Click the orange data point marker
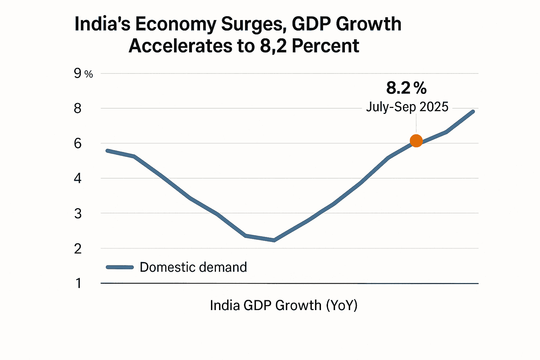[x=416, y=141]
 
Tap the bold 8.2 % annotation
[x=406, y=88]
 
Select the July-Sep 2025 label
[x=407, y=107]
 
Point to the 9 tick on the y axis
[x=78, y=73]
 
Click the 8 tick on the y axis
[x=78, y=108]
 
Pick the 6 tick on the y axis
[x=78, y=143]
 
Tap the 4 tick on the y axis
[x=78, y=178]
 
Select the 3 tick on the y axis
[x=78, y=213]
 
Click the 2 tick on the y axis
[x=78, y=249]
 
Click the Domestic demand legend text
[x=193, y=267]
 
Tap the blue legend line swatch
[x=120, y=267]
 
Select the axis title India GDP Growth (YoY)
[x=283, y=305]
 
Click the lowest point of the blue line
[x=274, y=240]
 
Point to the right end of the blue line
[x=473, y=112]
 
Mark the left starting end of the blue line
[x=107, y=151]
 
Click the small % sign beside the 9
[x=89, y=74]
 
